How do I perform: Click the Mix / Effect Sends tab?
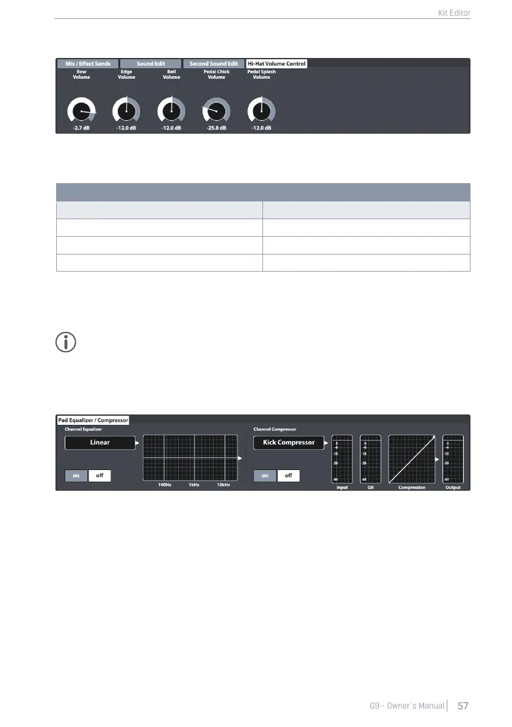point(88,63)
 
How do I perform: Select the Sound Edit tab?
point(151,63)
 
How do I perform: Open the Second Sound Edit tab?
point(214,63)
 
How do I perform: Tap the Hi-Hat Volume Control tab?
point(276,63)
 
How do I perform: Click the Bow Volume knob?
point(82,110)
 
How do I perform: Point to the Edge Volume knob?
point(126,110)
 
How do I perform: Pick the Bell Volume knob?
point(171,110)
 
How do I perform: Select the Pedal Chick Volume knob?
point(217,110)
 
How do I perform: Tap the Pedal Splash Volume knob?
point(261,110)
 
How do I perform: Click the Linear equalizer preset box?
point(100,443)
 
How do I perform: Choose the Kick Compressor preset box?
point(289,443)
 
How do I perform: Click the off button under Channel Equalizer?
point(99,475)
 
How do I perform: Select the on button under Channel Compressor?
point(265,475)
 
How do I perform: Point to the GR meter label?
point(370,488)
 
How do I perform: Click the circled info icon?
point(66,343)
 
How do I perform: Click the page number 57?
point(463,706)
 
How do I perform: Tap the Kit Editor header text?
point(455,12)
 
